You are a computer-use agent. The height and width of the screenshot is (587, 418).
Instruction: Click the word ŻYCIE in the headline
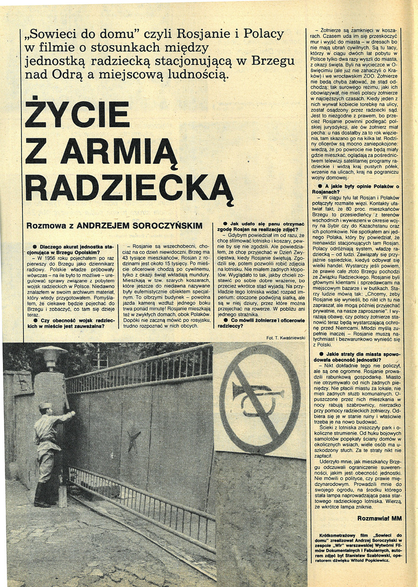pos(77,114)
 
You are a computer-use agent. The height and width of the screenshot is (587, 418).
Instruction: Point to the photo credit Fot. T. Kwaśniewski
pos(286,337)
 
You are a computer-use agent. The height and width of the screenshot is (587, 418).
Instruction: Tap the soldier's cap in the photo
pos(45,405)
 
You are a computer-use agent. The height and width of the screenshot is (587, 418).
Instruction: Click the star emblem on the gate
pos(133,441)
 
